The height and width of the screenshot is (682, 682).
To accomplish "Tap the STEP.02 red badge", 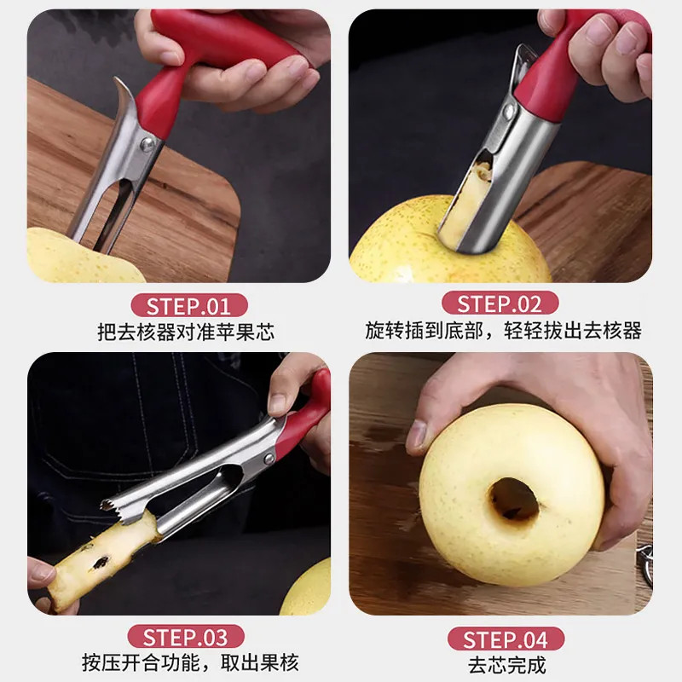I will pyautogui.click(x=500, y=303).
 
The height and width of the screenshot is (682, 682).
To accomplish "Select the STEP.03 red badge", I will pyautogui.click(x=185, y=637).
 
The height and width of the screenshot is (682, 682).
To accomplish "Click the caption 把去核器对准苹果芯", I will pyautogui.click(x=185, y=332).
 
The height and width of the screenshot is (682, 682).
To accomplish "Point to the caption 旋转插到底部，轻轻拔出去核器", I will pyautogui.click(x=503, y=331).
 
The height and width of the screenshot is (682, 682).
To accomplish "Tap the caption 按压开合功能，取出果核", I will pyautogui.click(x=190, y=662).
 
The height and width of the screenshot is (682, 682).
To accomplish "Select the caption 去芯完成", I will pyautogui.click(x=506, y=664).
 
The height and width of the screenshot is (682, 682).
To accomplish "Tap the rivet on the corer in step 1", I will pyautogui.click(x=147, y=145).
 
